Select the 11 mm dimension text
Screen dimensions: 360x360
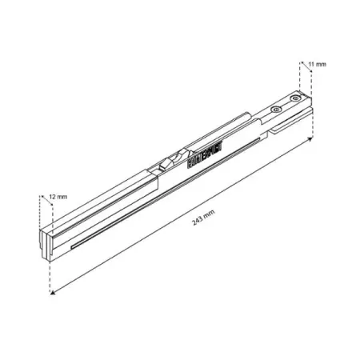[x=316, y=62]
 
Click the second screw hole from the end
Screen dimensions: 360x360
[x=277, y=109]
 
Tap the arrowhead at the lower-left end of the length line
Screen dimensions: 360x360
[x=53, y=294]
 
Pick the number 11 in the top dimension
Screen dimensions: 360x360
[x=311, y=62]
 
